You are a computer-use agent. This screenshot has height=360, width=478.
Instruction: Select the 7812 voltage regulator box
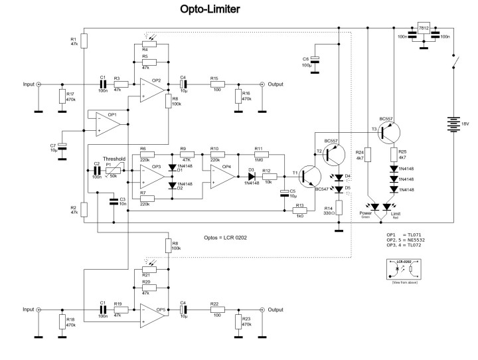coord(423,29)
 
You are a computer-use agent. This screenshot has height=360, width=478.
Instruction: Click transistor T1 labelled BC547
coord(307,175)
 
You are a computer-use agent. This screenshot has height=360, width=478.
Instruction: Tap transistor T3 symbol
coord(387,134)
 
